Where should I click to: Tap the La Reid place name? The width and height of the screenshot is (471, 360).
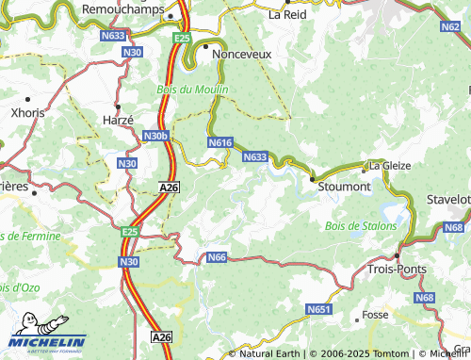(287, 14)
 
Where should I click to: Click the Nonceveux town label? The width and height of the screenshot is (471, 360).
(242, 55)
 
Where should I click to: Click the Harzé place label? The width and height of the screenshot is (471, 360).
(118, 120)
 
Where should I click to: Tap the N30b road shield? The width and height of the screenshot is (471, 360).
(155, 137)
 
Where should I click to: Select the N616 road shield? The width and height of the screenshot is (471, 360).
(219, 142)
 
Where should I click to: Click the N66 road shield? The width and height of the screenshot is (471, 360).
(216, 257)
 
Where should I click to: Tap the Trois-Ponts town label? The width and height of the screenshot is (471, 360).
(397, 269)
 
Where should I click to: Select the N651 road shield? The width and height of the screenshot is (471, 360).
(318, 309)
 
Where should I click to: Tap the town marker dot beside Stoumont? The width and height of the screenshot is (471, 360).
(312, 176)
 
